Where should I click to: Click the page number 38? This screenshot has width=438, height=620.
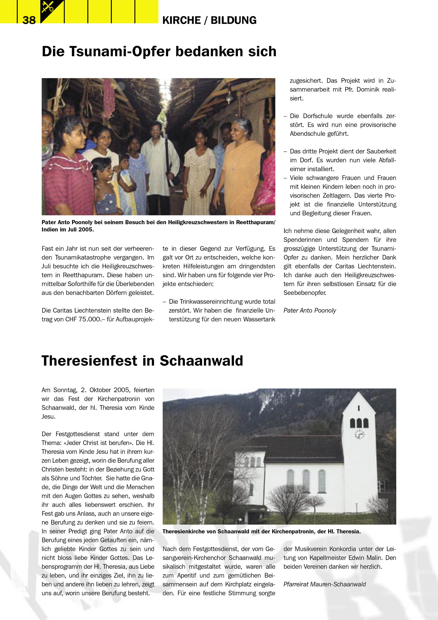coord(29,20)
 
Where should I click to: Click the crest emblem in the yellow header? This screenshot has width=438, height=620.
coord(52,10)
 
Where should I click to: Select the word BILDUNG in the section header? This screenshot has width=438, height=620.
coord(234,20)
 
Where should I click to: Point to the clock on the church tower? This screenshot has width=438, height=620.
coord(359,434)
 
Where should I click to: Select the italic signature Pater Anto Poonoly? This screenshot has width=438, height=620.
coord(310,311)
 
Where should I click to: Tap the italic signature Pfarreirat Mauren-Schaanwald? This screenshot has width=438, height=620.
coord(324,584)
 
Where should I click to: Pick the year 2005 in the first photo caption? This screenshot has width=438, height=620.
coord(85,230)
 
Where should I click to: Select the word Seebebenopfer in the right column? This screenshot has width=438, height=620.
coord(305,293)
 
